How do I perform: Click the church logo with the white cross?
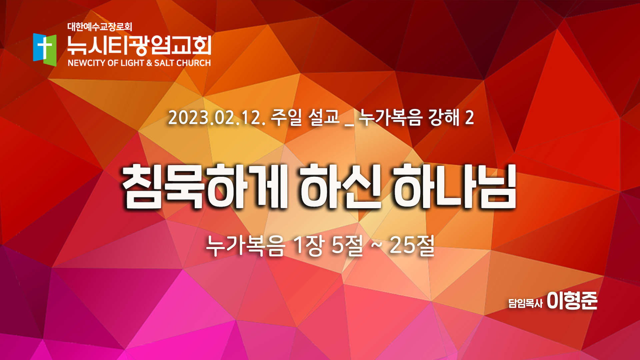coord(45,50)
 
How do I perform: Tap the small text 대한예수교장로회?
coord(100,27)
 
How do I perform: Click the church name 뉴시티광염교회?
coord(139,45)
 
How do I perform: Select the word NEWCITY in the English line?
coord(87,63)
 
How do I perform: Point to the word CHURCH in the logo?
coord(193,63)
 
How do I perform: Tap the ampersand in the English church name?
coord(149,63)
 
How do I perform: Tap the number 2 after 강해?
coord(470,118)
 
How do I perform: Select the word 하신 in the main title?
coord(340,186)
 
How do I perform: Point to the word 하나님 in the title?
coord(454,186)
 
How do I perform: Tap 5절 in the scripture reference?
coord(347,245)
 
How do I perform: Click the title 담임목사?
coord(525,303)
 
